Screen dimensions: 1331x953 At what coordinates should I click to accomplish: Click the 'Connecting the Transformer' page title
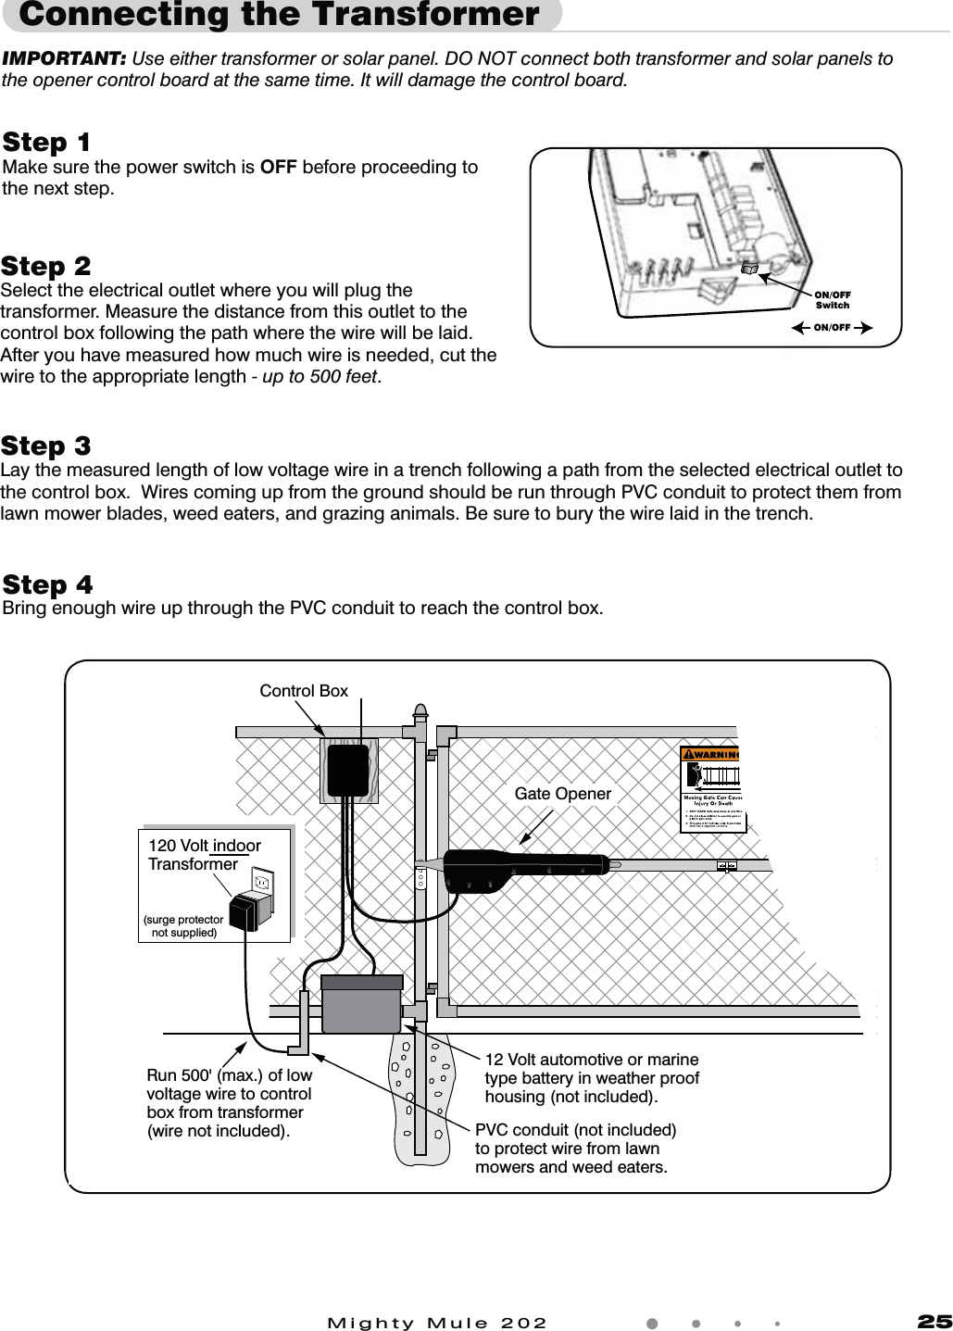(279, 16)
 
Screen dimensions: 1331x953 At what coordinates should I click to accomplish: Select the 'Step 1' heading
(46, 143)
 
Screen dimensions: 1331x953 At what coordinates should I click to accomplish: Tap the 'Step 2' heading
(46, 267)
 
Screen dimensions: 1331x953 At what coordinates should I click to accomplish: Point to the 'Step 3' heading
(46, 446)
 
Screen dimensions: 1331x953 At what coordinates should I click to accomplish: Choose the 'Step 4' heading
(47, 585)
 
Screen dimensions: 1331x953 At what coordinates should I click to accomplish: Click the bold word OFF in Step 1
(279, 168)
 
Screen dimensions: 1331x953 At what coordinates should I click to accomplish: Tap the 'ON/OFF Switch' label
(832, 299)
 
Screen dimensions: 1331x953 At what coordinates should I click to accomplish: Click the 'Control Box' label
(304, 691)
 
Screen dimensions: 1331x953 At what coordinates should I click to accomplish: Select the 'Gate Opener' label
(562, 794)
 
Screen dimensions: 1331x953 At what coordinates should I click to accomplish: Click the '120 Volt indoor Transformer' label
(204, 855)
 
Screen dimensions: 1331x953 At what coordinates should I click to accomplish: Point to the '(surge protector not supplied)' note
(183, 926)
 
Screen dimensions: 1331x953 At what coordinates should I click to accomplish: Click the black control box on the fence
(347, 771)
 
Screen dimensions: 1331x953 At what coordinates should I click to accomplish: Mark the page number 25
(934, 1321)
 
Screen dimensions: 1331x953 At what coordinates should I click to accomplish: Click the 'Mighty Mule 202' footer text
(437, 1322)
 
